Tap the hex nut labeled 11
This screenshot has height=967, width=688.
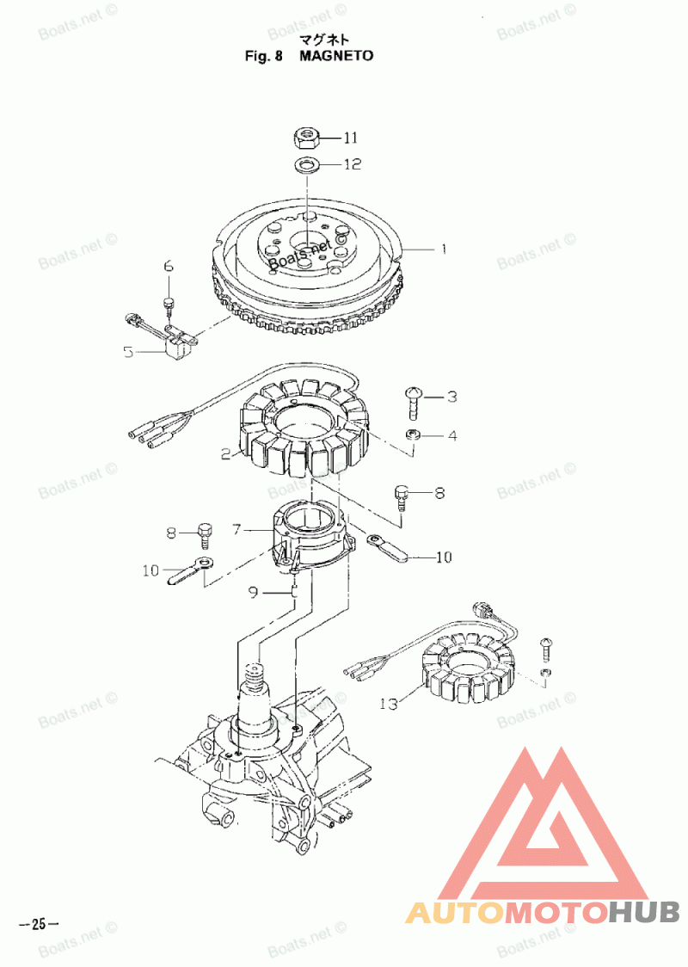(307, 137)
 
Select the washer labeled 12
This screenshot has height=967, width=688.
(307, 163)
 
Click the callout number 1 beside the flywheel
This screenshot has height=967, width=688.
(444, 249)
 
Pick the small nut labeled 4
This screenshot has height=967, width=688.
(413, 435)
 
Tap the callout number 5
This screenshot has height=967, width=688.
(128, 351)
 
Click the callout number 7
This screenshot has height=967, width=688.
(236, 530)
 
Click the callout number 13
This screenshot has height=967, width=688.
(389, 704)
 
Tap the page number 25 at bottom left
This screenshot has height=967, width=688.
(38, 925)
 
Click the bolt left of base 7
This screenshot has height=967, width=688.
(205, 534)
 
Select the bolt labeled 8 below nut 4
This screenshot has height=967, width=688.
(401, 496)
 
